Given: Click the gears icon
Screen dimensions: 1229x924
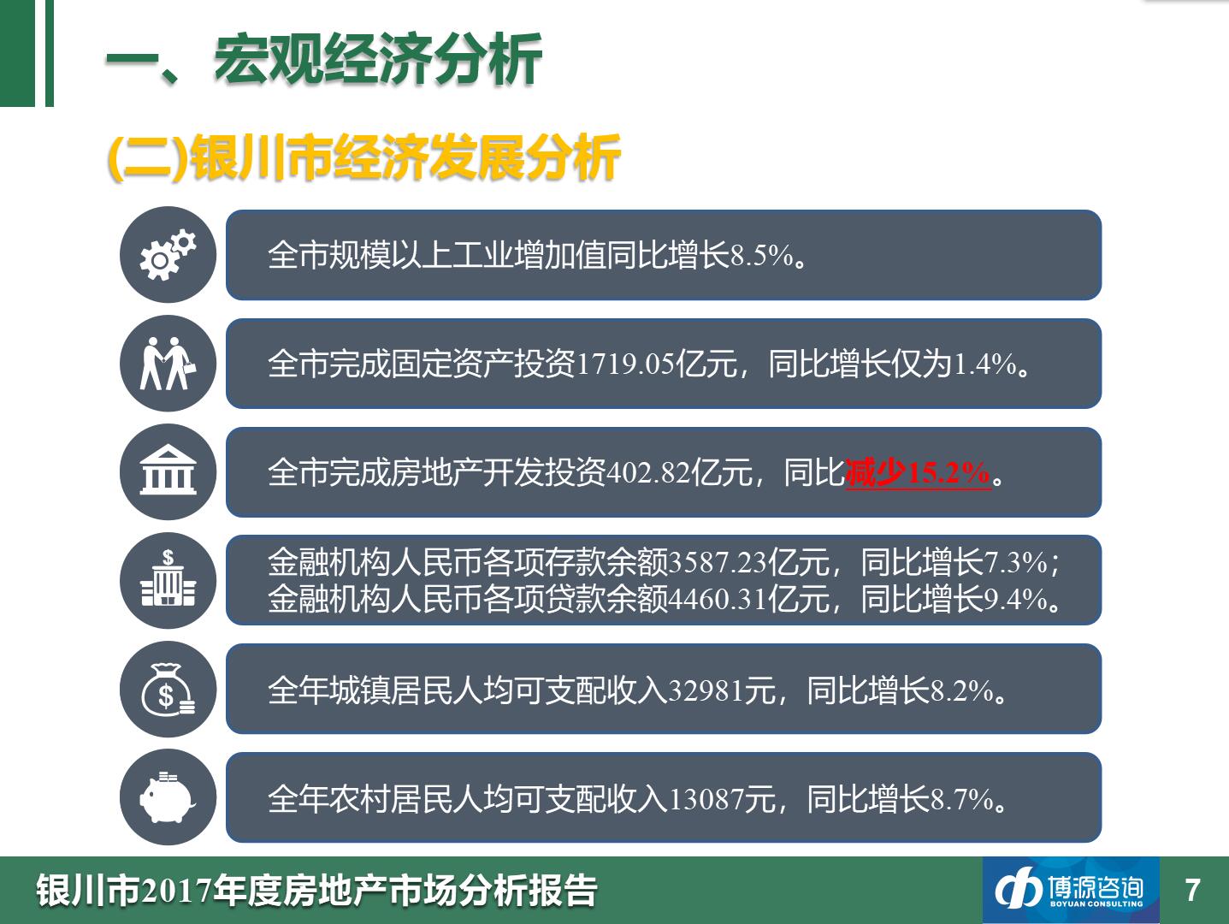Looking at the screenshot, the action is pos(168,255).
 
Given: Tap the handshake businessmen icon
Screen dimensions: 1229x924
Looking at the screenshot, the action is pos(168,364).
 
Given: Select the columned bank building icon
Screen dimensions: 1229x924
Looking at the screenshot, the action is pos(168,470).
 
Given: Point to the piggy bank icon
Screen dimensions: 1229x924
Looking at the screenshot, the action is pos(168,797).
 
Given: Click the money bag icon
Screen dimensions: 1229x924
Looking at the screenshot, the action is pos(168,690).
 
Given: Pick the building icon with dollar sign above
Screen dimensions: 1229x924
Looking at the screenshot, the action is pos(168,577).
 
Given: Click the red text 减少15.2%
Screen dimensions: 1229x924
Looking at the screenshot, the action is pos(918,472).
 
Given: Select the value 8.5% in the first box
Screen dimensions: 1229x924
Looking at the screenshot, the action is pos(762,255).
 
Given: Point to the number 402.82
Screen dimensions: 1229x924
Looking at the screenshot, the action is pos(648,472).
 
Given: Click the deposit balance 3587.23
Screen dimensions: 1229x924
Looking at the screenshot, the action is pos(718,562).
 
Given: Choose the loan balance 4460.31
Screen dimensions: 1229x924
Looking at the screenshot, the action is pos(718,599).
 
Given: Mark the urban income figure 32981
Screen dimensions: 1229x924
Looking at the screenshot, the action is pos(706,691).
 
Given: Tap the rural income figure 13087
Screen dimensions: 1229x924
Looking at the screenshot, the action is pos(706,800).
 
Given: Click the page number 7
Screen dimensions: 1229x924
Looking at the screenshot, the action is pos(1192,890).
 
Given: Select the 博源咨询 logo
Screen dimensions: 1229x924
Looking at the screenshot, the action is pos(1070,890).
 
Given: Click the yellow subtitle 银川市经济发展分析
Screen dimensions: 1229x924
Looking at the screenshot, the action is pos(405,157).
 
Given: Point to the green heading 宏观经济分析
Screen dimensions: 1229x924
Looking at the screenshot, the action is pos(377,59).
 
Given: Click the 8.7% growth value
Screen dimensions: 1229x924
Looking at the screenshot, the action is pos(962,800).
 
